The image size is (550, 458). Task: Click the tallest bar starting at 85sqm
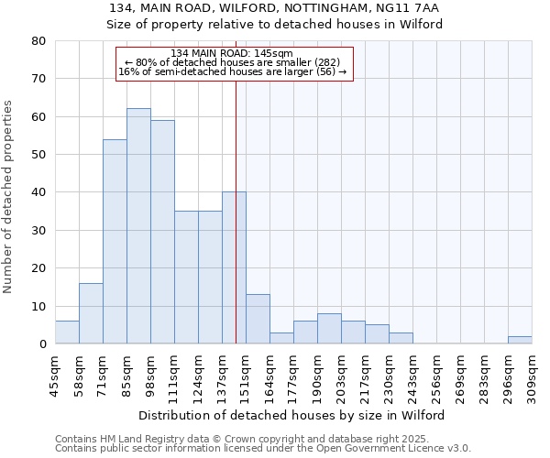tap(138, 226)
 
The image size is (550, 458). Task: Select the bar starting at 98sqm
tap(162, 232)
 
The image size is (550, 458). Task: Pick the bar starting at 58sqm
tap(91, 313)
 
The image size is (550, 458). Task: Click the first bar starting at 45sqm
tap(67, 333)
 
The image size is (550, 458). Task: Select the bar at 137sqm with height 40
tap(234, 267)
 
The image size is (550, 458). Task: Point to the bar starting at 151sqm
tap(258, 319)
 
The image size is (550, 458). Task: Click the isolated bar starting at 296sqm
tap(520, 340)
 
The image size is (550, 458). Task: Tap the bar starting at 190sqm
tap(329, 329)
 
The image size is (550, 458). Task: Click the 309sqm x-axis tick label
tap(533, 376)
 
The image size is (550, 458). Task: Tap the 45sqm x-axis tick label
tap(56, 373)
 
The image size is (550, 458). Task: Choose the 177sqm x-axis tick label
tap(294, 376)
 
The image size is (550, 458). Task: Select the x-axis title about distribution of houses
tap(293, 415)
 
